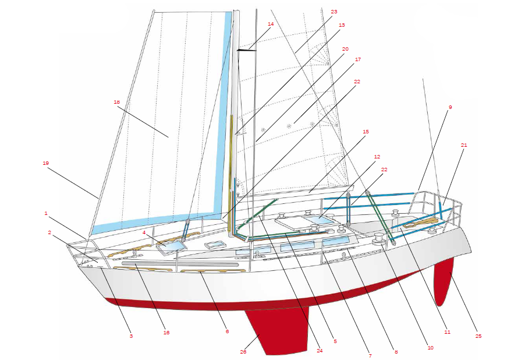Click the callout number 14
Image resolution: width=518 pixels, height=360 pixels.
coord(271,24)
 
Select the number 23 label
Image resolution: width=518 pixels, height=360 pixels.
coord(333,12)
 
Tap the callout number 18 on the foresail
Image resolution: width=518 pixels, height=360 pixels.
coord(116,101)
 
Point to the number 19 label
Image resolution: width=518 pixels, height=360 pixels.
coord(45,164)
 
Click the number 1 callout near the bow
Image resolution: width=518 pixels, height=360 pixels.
coord(46,213)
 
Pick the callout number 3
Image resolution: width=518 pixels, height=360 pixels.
coord(131,336)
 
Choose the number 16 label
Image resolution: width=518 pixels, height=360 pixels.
coord(166,333)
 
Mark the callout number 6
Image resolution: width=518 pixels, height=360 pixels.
coord(228,331)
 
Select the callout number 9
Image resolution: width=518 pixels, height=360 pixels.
coord(450,107)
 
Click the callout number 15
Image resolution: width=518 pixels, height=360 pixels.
coord(366,132)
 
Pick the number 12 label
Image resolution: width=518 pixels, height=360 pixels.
coord(377,157)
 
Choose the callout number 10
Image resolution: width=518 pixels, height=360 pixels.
coord(431,348)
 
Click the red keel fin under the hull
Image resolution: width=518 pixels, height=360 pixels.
coord(276,332)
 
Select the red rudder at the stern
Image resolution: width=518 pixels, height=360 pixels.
coord(445,280)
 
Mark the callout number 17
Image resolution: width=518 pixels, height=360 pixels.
coord(358,59)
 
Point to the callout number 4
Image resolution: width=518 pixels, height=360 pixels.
coord(144,232)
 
